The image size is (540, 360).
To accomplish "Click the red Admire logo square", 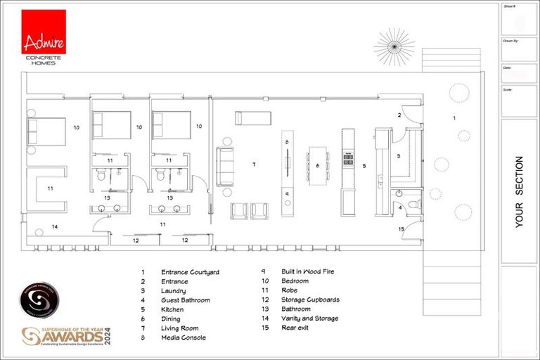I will [44, 32].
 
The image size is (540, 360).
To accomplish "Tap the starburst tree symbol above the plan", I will [394, 46].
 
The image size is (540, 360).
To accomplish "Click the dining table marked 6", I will [318, 165].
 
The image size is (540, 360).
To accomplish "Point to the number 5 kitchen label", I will [364, 166].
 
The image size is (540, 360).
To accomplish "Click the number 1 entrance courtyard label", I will [454, 118].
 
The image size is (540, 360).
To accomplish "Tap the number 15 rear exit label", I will [401, 229].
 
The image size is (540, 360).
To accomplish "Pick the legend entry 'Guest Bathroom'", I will [185, 300].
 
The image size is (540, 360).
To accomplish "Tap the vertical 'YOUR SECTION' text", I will [520, 191].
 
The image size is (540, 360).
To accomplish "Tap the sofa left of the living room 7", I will [225, 167].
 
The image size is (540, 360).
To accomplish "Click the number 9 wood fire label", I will [287, 193].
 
